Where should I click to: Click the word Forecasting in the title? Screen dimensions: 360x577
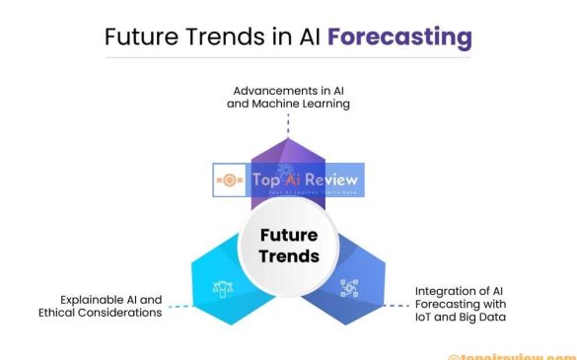pyautogui.click(x=399, y=38)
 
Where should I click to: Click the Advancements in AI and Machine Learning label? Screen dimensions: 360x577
pyautogui.click(x=288, y=96)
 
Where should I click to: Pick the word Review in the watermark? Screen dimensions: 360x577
pyautogui.click(x=330, y=180)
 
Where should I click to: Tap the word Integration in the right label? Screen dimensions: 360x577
pyautogui.click(x=442, y=290)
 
